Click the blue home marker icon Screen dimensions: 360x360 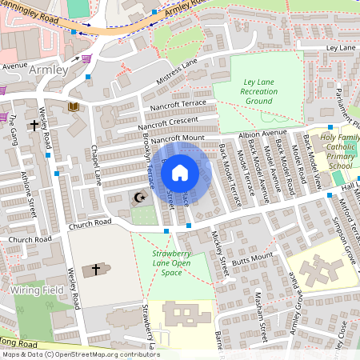click(180, 172)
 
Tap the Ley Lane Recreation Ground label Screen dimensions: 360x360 click(259, 92)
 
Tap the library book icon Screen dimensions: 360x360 click(74, 106)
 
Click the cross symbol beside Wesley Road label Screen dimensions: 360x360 click(34, 126)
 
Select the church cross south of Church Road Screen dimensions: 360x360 click(97, 270)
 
